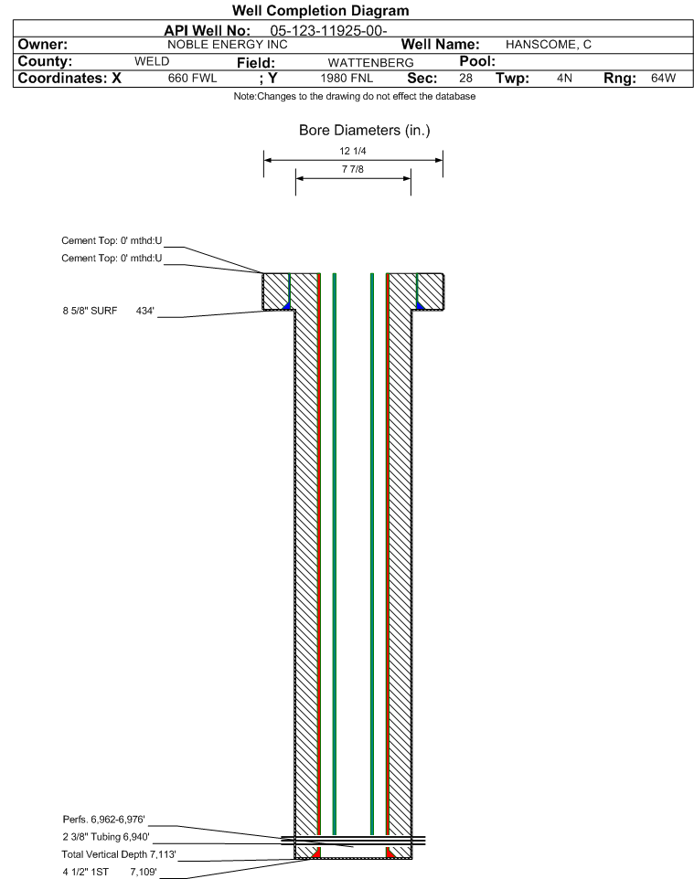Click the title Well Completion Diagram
[320, 11]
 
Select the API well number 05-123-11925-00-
[328, 31]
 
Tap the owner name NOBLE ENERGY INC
[228, 45]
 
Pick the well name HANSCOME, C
[548, 45]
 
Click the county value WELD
[152, 61]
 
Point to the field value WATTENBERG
[371, 63]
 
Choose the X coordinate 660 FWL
[192, 79]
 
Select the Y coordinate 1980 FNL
[347, 79]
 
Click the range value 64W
[663, 79]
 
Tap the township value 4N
[564, 79]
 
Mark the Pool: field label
[477, 61]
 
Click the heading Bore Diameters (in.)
[365, 131]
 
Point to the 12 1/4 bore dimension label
[353, 151]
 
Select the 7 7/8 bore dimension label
[353, 169]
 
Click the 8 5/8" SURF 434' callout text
[108, 311]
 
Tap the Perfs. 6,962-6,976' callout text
[104, 820]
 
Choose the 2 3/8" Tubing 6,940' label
[106, 837]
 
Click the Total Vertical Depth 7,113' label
[119, 854]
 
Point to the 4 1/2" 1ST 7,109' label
[110, 872]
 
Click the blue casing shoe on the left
[287, 306]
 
